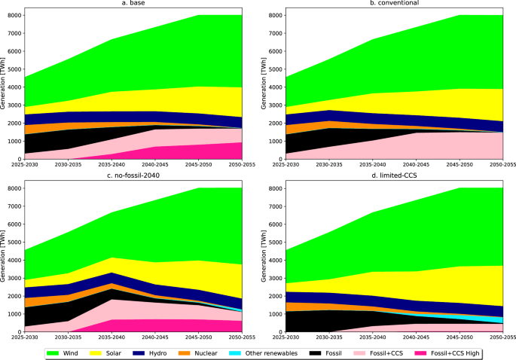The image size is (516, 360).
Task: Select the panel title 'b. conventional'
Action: [395, 4]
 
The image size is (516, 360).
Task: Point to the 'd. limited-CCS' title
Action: [395, 176]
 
